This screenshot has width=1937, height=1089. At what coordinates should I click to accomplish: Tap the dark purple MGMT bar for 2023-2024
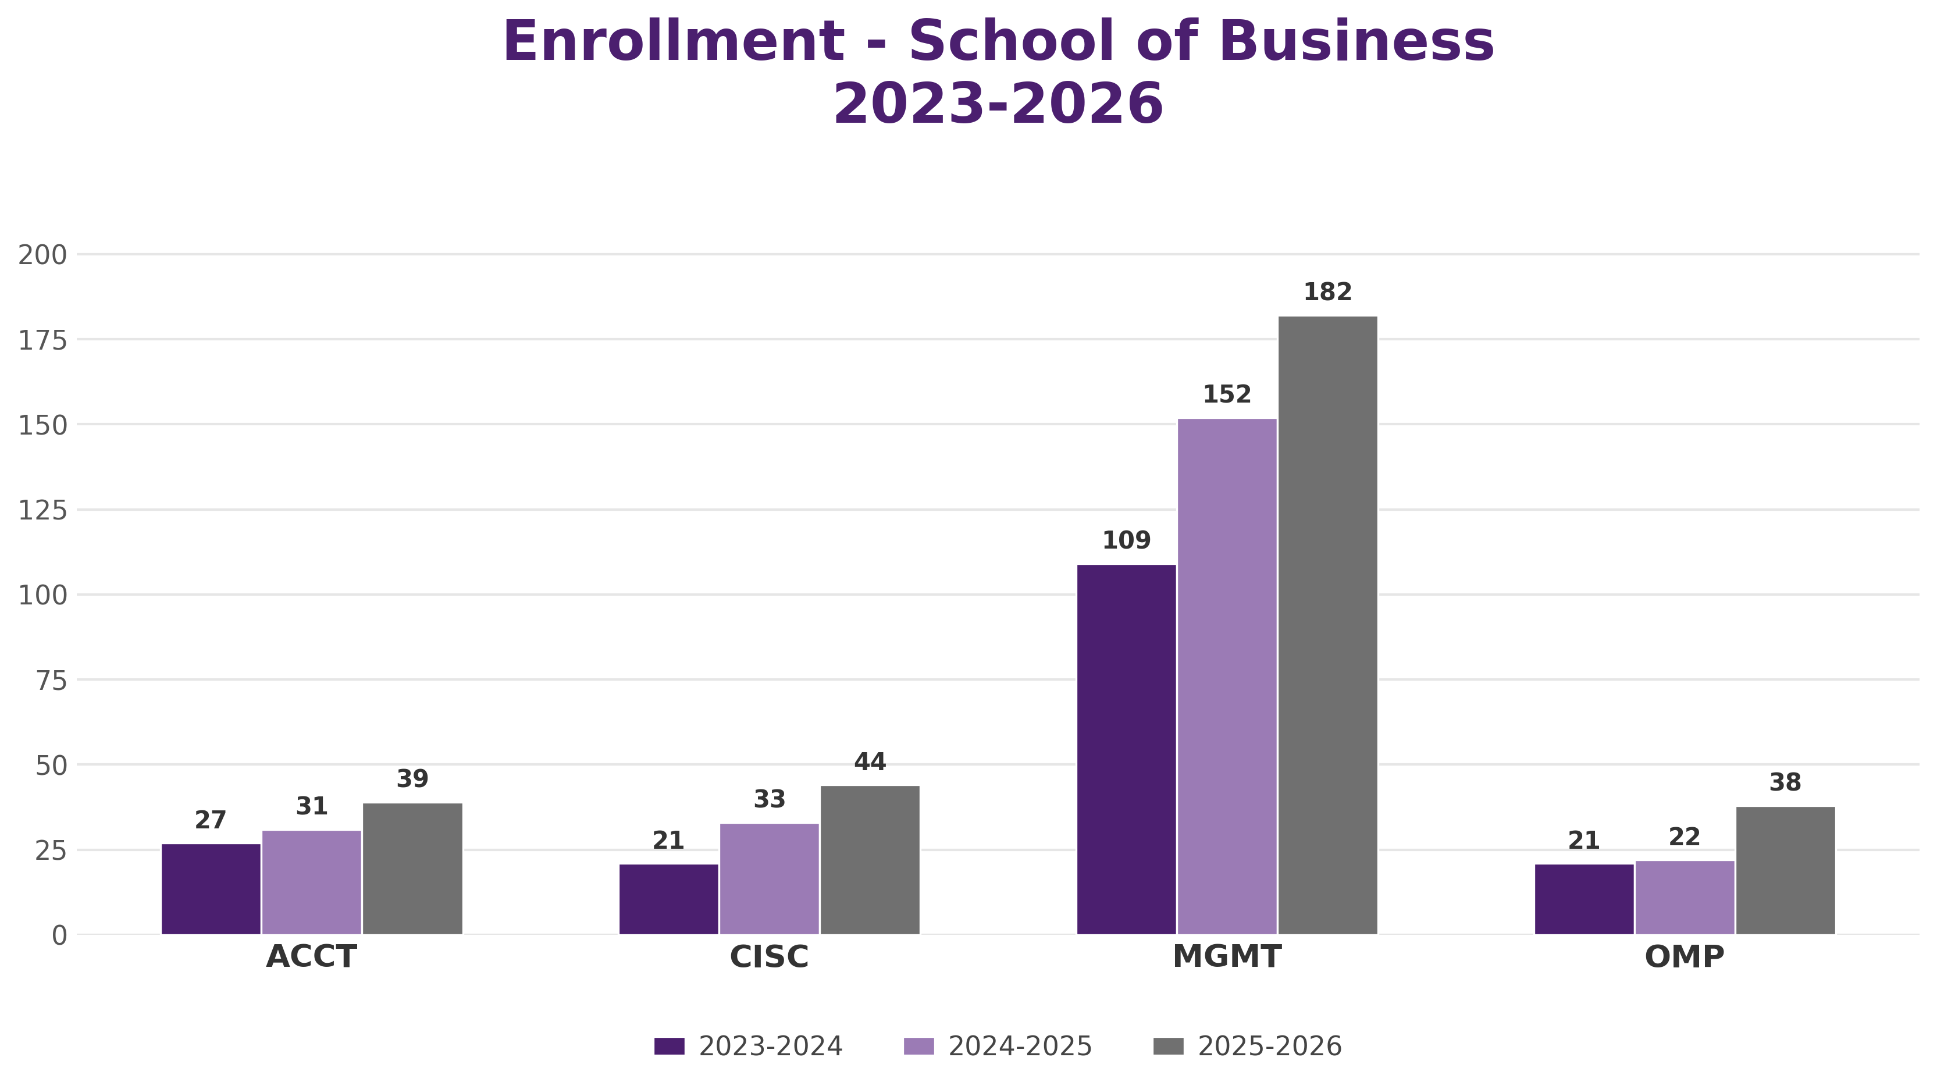point(1126,749)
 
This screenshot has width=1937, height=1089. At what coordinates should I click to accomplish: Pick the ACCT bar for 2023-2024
point(211,889)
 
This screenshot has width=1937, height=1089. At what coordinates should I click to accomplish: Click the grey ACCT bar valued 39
point(413,869)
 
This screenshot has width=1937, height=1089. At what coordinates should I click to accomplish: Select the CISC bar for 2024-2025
point(769,878)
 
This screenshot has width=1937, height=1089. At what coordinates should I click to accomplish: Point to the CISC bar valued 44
point(870,860)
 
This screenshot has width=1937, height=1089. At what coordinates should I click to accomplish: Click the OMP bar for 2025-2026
point(1786,870)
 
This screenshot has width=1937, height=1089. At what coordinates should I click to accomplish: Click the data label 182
point(1328,292)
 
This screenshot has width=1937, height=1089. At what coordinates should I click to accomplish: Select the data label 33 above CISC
point(769,799)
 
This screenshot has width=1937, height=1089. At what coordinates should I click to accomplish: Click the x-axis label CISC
point(769,956)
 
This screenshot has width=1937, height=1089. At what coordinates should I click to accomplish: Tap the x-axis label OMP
point(1685,956)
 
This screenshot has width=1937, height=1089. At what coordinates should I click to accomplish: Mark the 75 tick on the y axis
point(51,681)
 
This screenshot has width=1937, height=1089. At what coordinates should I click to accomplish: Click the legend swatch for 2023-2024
point(670,1046)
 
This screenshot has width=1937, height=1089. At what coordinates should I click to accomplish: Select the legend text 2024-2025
point(1020,1046)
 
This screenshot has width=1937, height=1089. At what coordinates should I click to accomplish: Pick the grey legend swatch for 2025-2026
point(1169,1046)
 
